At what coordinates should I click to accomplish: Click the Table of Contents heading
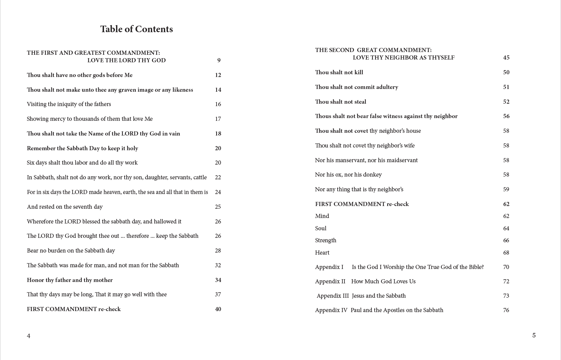[x=136, y=29]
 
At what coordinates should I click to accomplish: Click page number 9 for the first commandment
[x=219, y=60]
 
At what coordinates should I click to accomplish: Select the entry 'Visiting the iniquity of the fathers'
[x=69, y=104]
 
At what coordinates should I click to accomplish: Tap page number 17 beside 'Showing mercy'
[x=218, y=119]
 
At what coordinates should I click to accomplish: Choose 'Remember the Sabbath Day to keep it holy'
[x=82, y=148]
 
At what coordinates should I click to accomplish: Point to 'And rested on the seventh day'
[x=65, y=207]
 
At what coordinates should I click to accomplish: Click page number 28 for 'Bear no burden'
[x=218, y=250]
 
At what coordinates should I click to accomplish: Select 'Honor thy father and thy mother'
[x=70, y=280]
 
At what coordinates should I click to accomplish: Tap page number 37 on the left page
[x=218, y=294]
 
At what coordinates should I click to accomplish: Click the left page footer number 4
[x=29, y=336]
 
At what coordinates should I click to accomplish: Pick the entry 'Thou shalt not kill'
[x=339, y=72]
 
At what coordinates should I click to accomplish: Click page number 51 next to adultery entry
[x=506, y=87]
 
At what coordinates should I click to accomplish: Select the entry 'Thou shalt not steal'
[x=340, y=102]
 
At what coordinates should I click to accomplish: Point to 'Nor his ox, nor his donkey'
[x=348, y=175]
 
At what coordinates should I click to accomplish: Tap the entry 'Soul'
[x=321, y=228]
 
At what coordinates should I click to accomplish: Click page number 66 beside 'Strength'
[x=506, y=240]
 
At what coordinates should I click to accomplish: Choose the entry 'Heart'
[x=322, y=253]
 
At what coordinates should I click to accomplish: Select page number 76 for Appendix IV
[x=506, y=310]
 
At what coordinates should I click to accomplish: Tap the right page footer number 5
[x=534, y=335]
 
